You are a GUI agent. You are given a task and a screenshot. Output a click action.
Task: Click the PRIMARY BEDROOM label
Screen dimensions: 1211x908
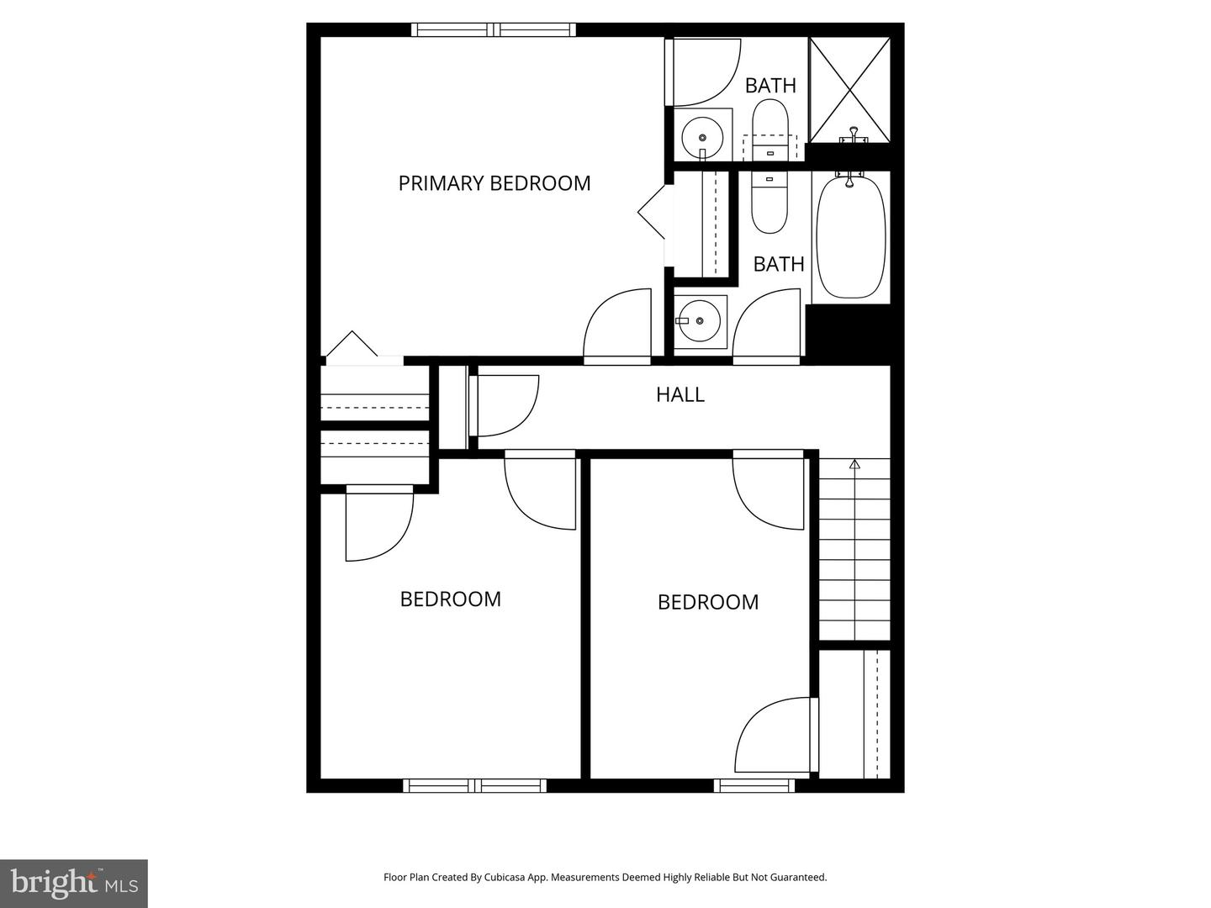(x=494, y=183)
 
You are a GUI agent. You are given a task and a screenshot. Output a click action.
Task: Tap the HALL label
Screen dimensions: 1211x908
(x=680, y=395)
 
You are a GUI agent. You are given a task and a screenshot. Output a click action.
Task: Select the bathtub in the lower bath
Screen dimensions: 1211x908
(x=851, y=236)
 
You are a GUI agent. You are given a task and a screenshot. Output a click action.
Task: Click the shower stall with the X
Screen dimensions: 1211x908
(x=849, y=90)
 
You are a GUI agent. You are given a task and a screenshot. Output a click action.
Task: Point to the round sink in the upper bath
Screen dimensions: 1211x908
(x=701, y=138)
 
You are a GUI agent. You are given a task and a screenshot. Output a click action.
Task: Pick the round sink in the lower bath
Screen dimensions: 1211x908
(x=699, y=321)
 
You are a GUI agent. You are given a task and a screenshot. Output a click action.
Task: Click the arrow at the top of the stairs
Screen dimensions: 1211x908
(x=854, y=465)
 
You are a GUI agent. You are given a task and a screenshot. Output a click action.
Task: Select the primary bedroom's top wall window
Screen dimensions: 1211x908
(x=494, y=29)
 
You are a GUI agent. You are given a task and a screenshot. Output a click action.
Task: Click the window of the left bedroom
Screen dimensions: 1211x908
(x=474, y=785)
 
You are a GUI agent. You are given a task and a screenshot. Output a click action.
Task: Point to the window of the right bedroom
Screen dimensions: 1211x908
(x=754, y=785)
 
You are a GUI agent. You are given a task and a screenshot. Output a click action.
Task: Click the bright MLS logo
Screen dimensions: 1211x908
(x=74, y=883)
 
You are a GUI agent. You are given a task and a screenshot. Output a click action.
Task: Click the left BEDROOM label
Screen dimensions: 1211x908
(x=451, y=599)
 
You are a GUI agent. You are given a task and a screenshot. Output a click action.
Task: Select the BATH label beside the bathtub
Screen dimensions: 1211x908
(x=779, y=265)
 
